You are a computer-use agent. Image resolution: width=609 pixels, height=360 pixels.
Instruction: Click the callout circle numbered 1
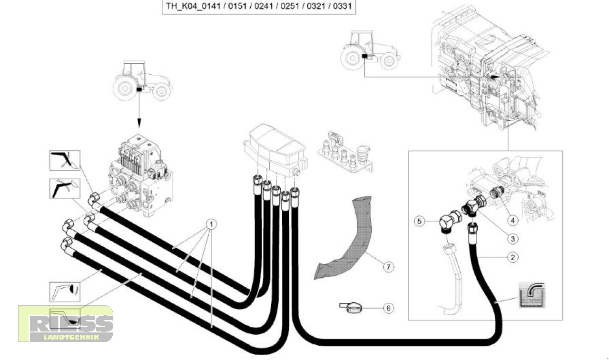(211, 223)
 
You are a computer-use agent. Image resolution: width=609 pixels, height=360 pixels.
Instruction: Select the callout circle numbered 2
(512, 257)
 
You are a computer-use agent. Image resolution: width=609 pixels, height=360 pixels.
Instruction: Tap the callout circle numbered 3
(512, 238)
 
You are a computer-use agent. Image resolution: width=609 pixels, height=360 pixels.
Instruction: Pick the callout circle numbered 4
(512, 220)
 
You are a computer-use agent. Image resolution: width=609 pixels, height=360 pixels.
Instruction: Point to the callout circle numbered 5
(419, 221)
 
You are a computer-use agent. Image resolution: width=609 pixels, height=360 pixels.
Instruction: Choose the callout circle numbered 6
(389, 308)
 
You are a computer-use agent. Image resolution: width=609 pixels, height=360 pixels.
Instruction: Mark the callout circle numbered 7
(389, 267)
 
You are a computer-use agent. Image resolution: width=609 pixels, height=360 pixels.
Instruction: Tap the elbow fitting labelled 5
(450, 222)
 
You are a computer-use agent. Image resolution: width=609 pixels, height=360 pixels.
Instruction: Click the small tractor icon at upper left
(141, 80)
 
